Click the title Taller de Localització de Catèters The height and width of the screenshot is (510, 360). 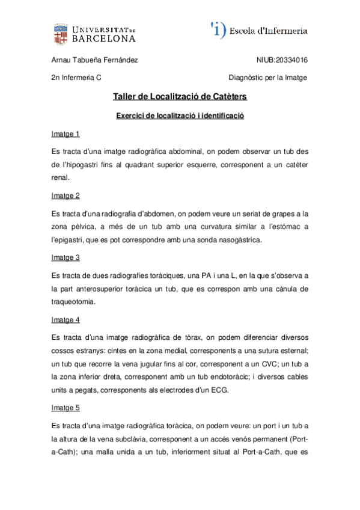coord(180,96)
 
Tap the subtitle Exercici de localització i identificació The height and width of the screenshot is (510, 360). coord(180,115)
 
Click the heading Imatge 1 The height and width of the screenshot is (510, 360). coord(66,134)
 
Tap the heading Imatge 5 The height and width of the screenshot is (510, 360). coord(66,407)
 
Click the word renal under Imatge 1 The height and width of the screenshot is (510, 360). coord(61,178)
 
